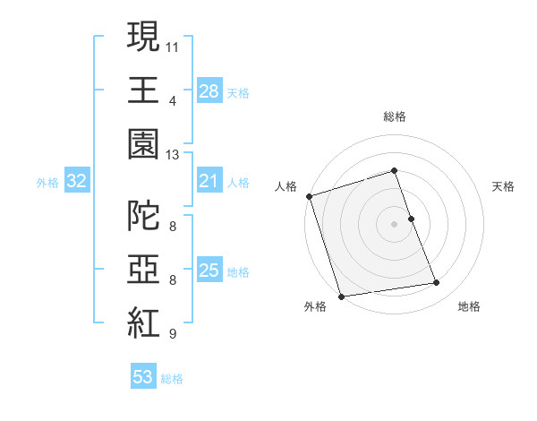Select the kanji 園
(143, 143)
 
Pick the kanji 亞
(143, 269)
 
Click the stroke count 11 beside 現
(173, 45)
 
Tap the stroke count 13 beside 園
(173, 154)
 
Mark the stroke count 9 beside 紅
(173, 334)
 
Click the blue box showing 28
(209, 91)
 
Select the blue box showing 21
(209, 182)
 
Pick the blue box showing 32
(76, 182)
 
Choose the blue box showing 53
(142, 377)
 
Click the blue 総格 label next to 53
(172, 379)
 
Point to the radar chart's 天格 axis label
(503, 186)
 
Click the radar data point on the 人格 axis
(309, 196)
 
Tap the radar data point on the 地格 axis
(437, 283)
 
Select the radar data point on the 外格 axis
(341, 296)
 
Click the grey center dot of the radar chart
(394, 223)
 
